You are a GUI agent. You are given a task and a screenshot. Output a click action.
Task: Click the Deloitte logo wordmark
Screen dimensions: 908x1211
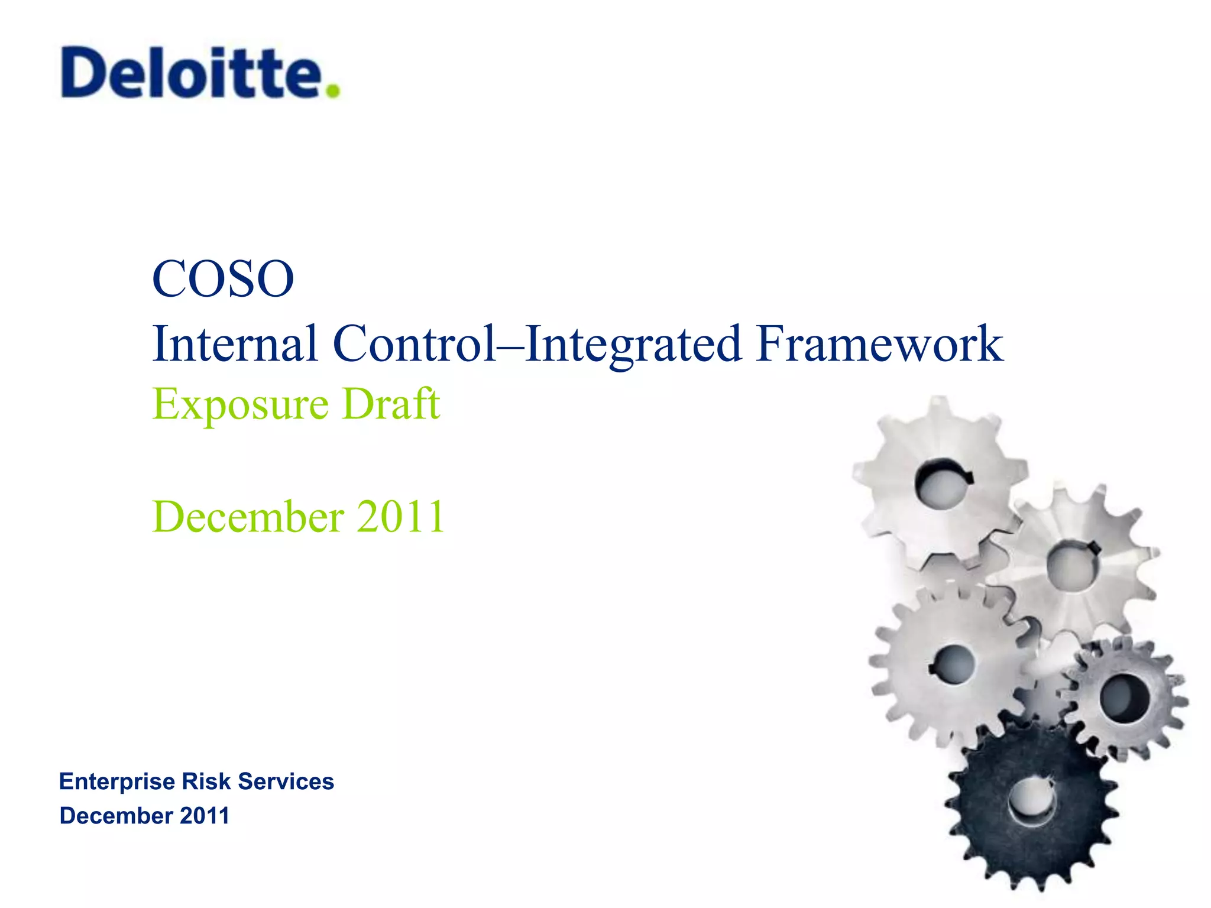(x=192, y=73)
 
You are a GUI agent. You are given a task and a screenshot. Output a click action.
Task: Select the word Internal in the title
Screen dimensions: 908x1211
(x=235, y=343)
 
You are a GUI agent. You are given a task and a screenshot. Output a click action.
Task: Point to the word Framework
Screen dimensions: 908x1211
(x=879, y=343)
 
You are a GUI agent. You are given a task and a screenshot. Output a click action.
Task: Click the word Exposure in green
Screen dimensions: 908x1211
(x=240, y=404)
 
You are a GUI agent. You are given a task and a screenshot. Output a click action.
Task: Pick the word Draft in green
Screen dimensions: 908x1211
(x=391, y=403)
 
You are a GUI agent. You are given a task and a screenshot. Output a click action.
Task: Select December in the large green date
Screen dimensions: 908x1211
(x=248, y=517)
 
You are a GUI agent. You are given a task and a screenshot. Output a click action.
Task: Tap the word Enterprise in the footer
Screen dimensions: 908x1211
(x=116, y=782)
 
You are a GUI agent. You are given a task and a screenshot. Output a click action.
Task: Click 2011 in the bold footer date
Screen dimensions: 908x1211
(x=204, y=816)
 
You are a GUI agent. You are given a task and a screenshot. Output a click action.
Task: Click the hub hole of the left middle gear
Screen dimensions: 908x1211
(x=953, y=664)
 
